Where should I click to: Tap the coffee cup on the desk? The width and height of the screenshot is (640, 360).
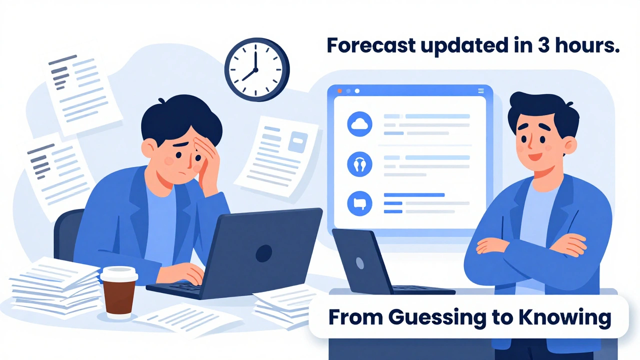click(118, 292)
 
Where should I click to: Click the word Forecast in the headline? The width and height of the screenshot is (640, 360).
click(371, 45)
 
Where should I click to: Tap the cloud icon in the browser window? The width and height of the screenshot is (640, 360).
click(359, 125)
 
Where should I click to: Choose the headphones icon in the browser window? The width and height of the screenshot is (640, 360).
click(359, 164)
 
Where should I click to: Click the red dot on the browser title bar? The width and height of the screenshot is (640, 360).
click(340, 91)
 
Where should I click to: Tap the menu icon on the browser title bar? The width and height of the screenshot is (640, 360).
click(481, 91)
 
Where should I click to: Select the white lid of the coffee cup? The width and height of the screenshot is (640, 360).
click(118, 273)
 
